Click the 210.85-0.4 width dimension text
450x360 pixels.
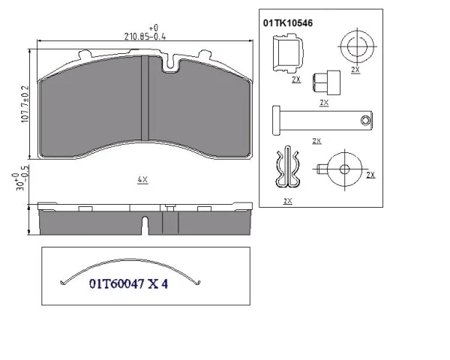tap(145, 37)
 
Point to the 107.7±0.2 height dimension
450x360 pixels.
tap(25, 104)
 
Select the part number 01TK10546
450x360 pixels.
tap(288, 23)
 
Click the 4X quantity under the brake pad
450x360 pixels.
tap(142, 180)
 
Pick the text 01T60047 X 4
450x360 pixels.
tap(128, 284)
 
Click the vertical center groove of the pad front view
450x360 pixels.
tap(145, 98)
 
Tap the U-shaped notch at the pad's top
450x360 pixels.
tap(170, 64)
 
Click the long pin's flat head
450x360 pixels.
tap(276, 120)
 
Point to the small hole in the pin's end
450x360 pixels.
tap(365, 120)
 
